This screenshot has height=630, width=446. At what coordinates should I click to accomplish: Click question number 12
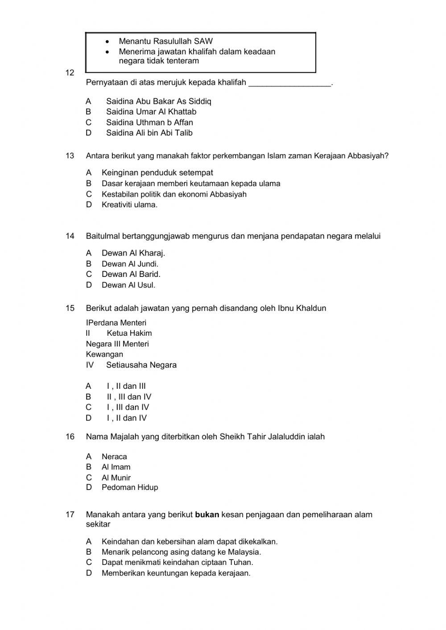[70, 73]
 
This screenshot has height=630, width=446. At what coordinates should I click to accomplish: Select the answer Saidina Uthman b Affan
[149, 122]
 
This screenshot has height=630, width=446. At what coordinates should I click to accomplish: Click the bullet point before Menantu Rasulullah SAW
[107, 41]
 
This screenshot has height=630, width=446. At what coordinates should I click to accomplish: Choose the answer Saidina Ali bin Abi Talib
[149, 133]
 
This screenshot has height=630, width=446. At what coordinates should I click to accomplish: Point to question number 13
[70, 156]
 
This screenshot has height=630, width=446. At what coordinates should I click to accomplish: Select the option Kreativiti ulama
[129, 205]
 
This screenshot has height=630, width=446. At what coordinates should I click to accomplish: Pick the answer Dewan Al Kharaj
[133, 253]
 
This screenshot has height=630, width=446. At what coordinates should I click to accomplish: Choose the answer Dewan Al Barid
[131, 274]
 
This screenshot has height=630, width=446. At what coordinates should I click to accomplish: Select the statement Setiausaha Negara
[141, 365]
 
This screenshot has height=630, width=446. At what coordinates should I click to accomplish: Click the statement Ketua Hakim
[129, 333]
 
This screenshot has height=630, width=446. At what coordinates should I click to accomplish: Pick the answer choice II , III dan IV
[128, 397]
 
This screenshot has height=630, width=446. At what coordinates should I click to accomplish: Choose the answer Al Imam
[116, 467]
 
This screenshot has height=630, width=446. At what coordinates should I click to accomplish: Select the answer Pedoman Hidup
[129, 487]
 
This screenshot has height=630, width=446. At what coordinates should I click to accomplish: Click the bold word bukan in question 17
[207, 515]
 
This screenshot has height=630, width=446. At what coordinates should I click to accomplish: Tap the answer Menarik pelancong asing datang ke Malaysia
[181, 552]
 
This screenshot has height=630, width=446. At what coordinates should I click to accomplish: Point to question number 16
[70, 437]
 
